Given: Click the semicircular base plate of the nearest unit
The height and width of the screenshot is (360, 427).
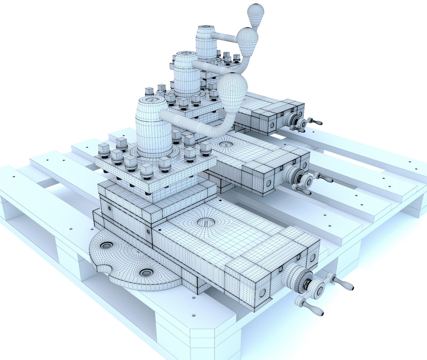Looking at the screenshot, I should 133,263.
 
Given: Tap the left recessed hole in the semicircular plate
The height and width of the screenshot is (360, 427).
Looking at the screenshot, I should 106,246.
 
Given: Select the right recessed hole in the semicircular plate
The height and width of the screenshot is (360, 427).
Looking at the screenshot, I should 146,273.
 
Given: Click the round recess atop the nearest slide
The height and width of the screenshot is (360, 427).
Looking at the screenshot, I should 206,222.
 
